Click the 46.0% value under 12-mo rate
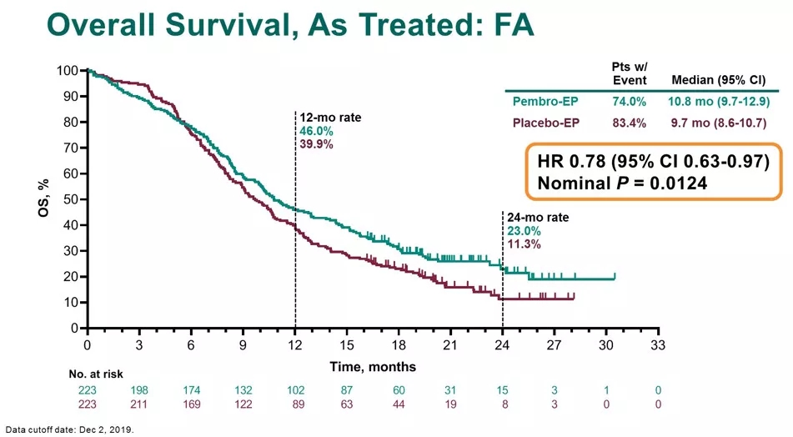click(316, 131)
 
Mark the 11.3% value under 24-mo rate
click(523, 244)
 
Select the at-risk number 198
click(139, 390)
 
